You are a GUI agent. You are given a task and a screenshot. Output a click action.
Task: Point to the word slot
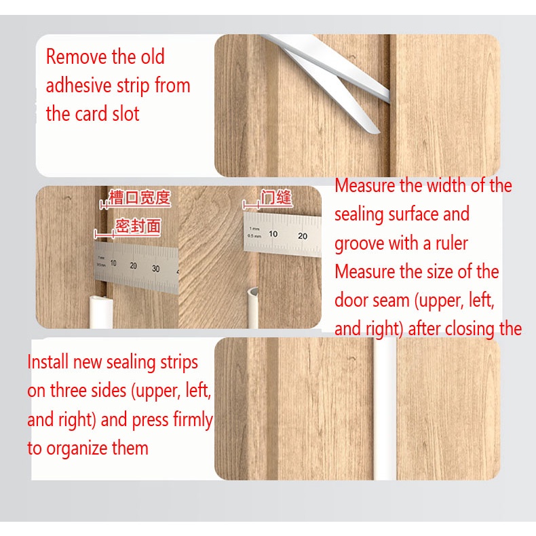tap(126, 114)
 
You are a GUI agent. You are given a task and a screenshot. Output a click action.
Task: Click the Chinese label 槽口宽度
tap(140, 197)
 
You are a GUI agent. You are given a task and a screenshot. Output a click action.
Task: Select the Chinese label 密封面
tap(138, 226)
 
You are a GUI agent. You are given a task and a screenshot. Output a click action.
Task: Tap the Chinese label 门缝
tap(276, 197)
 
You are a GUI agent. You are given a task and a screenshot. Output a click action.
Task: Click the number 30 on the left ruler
tap(155, 269)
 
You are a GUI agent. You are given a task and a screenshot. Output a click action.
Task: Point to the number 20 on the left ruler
tap(133, 265)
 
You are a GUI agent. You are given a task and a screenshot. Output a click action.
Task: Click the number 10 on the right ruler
tap(273, 234)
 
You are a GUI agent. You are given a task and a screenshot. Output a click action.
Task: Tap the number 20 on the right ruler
tap(303, 236)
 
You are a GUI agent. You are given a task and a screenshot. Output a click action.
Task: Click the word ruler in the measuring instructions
tap(452, 244)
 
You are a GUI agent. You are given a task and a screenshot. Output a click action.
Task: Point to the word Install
tap(48, 362)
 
